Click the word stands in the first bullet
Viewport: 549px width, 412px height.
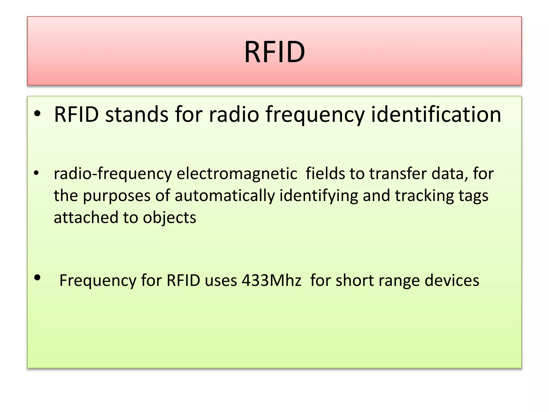(136, 115)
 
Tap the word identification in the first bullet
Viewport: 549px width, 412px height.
(436, 115)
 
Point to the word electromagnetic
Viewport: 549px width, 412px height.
(237, 174)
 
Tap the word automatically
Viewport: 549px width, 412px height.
(225, 196)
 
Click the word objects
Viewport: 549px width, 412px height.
(169, 218)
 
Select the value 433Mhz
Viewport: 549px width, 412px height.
(271, 281)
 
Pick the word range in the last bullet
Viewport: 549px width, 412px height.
(399, 281)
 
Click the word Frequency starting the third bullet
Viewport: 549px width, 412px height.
(98, 281)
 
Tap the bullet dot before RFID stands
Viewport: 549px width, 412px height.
(37, 114)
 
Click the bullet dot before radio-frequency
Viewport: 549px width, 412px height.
(36, 173)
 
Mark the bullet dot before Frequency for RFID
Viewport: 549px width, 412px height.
(37, 278)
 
